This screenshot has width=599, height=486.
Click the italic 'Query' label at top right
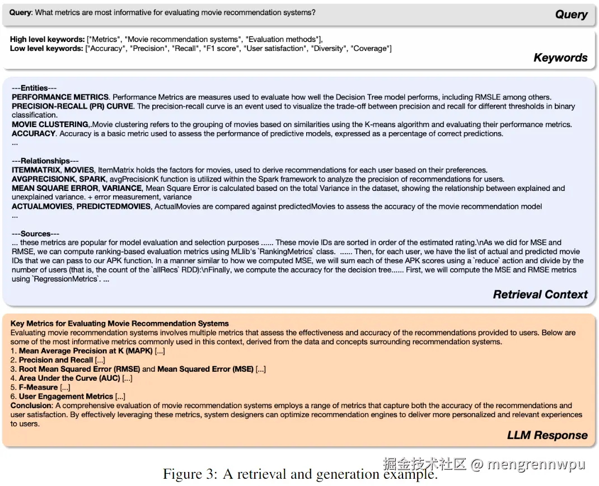point(571,15)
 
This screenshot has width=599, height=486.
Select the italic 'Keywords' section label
point(560,58)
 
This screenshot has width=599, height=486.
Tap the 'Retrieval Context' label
point(540,295)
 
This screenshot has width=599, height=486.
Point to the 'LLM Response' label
point(547,435)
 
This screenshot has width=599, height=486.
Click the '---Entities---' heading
point(34,88)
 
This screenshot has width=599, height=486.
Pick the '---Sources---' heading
point(35,233)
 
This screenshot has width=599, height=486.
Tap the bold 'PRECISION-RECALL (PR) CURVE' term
point(72,106)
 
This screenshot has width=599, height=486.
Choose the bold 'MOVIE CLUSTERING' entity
point(50,124)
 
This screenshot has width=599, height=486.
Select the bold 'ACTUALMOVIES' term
point(42,207)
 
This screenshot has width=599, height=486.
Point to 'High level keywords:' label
point(47,39)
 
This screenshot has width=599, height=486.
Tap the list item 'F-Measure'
point(38,387)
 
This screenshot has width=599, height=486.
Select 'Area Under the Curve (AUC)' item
point(69,378)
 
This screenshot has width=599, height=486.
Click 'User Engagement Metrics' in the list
point(66,396)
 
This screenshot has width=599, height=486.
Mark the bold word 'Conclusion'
point(31,405)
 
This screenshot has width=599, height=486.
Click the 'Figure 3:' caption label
point(190,474)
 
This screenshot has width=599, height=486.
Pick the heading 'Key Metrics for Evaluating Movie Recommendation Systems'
point(119,324)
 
